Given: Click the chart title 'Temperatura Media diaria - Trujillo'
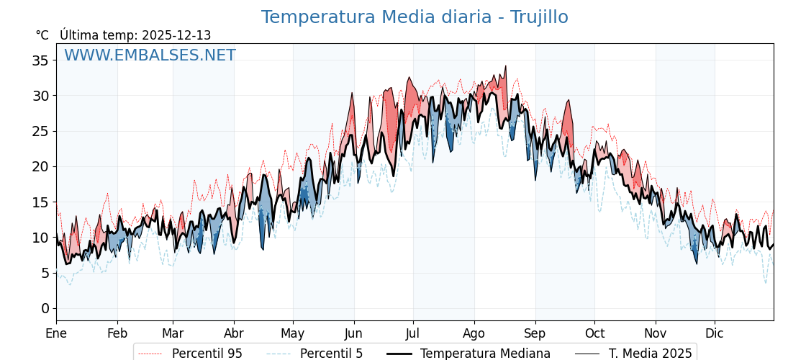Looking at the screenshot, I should click(x=415, y=17).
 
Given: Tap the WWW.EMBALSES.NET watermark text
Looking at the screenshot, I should click(x=150, y=55).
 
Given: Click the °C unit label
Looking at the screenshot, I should click(x=42, y=35).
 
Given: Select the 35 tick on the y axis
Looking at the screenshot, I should click(x=40, y=60).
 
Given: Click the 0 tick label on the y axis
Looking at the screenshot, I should click(x=45, y=309).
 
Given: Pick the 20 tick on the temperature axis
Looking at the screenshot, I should click(x=40, y=166).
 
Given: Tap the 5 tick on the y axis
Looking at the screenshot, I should click(x=45, y=274).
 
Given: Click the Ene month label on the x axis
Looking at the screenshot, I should click(x=56, y=333).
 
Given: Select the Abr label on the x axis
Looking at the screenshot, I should click(x=234, y=333).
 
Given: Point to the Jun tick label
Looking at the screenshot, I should click(x=353, y=333).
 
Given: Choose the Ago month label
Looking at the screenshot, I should click(x=474, y=333).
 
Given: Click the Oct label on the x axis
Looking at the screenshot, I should click(x=594, y=333).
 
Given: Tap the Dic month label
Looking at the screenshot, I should click(x=715, y=333).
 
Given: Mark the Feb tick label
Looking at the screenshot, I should click(x=117, y=333).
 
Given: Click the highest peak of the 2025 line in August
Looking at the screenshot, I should click(x=505, y=66).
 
